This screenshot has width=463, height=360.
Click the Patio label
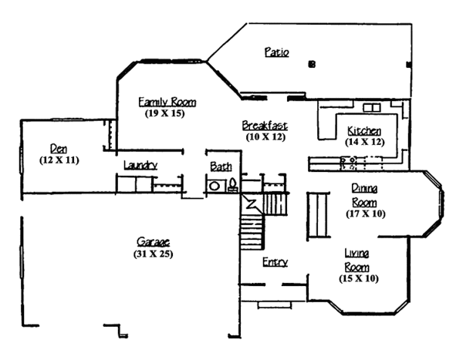[275, 53]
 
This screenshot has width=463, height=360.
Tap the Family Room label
[167, 102]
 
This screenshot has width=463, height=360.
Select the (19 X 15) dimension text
[167, 113]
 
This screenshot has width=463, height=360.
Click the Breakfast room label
[265, 125]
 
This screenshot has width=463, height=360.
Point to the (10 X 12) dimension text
[265, 136]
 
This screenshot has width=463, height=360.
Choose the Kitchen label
[363, 130]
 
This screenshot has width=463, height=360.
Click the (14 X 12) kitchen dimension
[363, 141]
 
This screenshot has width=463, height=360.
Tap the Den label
[58, 148]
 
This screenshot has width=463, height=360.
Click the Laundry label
[140, 165]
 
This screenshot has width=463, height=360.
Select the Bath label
[220, 166]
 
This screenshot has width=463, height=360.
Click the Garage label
[150, 241]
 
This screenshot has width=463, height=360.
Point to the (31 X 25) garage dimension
[150, 254]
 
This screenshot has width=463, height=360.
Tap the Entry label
[275, 262]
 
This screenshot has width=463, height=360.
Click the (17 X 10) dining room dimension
[365, 213]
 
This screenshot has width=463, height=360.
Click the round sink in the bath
[213, 185]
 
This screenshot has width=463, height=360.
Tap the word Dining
[364, 188]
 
